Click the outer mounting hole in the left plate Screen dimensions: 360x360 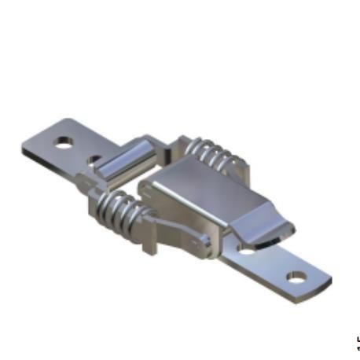63,143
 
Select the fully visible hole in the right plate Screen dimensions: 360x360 296,277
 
